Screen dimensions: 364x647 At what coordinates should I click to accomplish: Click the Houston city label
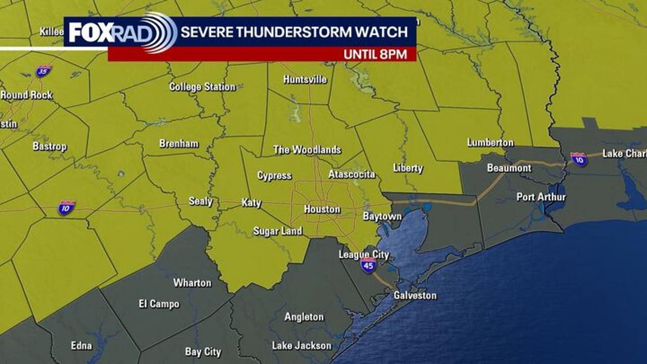322,209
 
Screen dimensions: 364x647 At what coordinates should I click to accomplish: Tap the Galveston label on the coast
415,295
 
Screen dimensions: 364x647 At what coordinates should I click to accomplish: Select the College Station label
202,87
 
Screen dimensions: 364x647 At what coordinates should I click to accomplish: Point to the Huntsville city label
305,80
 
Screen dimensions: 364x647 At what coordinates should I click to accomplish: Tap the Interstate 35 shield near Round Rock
44,71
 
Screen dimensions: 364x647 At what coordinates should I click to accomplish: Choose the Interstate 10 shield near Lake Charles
579,159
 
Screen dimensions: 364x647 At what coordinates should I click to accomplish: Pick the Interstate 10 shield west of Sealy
66,208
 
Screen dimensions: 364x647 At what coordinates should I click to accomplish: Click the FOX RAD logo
121,32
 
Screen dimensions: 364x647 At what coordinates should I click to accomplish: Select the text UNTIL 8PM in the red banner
376,55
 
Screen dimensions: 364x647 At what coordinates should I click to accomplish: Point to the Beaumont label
509,168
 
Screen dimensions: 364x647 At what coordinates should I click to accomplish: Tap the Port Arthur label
541,197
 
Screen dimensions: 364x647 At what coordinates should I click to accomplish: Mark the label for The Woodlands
307,150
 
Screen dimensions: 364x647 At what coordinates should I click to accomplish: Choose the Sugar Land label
278,231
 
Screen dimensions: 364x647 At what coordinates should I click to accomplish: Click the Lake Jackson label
302,346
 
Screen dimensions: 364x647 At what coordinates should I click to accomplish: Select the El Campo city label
159,304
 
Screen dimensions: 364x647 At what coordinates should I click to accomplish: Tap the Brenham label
179,144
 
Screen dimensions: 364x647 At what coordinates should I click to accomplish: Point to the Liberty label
408,168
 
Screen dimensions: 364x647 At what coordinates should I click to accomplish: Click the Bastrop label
50,146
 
